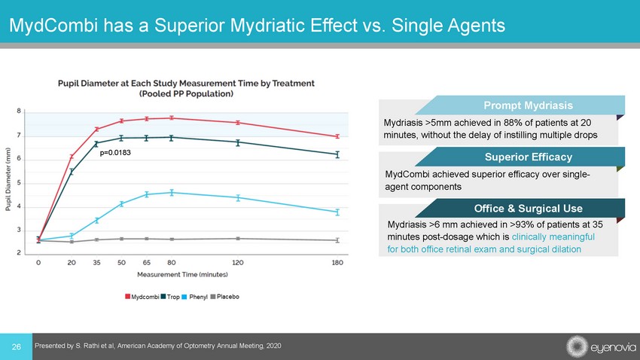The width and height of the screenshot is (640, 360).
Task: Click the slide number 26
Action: [15, 346]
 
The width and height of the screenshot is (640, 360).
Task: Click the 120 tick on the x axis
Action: [238, 262]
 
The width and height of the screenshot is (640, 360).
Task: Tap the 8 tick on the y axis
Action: [19, 111]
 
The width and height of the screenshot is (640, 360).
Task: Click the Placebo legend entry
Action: [227, 297]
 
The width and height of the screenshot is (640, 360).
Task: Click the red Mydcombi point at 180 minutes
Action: [337, 136]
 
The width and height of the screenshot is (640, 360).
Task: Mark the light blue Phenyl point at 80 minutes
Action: [172, 193]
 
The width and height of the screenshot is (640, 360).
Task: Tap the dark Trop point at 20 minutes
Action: [72, 172]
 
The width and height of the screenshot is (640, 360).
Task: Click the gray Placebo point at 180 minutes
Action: [337, 240]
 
